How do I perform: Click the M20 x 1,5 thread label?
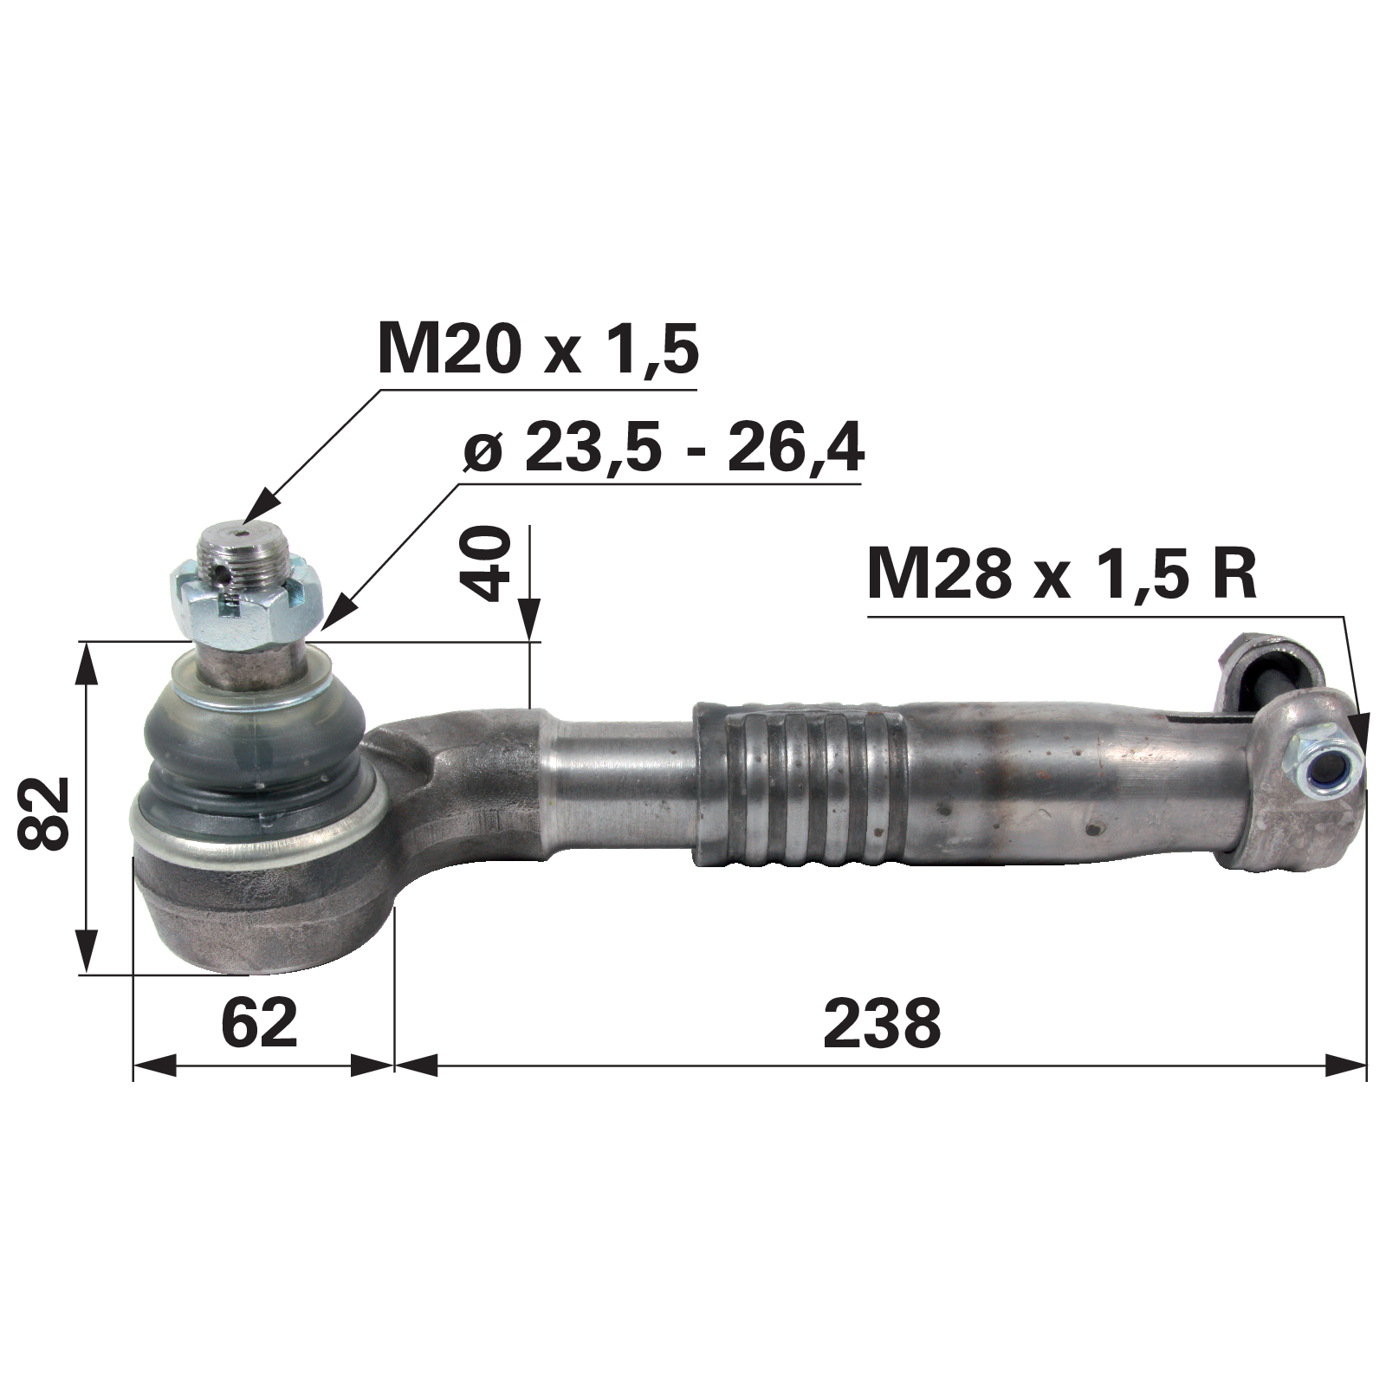(x=538, y=347)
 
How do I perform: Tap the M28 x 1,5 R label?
(x=1061, y=574)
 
